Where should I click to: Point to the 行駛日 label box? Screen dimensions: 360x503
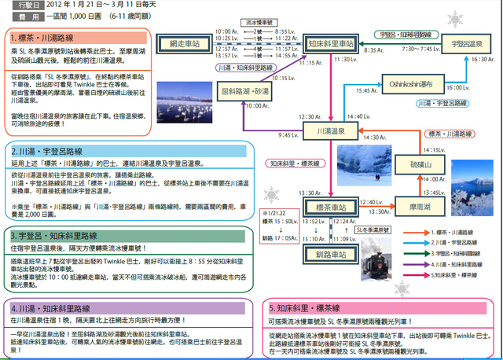point(25,6)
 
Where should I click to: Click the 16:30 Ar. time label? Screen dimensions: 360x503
point(481,59)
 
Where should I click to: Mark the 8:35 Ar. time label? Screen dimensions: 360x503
point(373,49)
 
